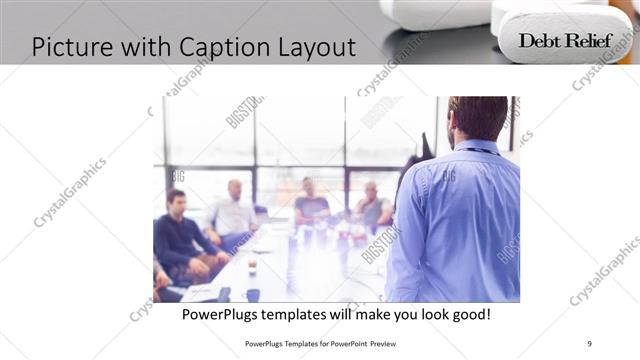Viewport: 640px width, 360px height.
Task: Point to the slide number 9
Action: [x=589, y=343]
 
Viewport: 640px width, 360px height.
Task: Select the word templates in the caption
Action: [x=308, y=314]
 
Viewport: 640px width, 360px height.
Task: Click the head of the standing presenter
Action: [x=477, y=117]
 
